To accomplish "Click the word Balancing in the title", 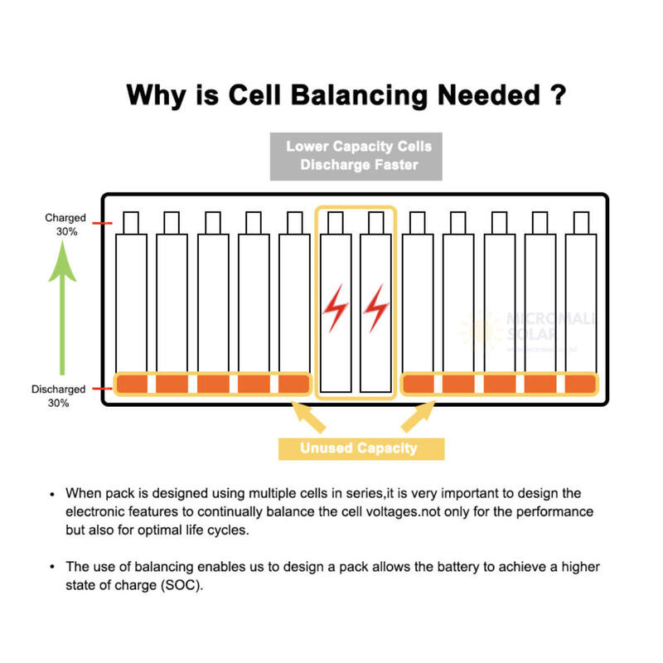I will tap(363, 94).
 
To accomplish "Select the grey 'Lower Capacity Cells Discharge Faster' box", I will tap(359, 155).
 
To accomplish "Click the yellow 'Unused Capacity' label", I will tap(359, 448).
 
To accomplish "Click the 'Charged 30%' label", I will tap(65, 225).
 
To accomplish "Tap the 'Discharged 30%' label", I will tap(58, 395).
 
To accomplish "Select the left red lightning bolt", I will tap(336, 308).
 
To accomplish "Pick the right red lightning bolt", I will tap(377, 308).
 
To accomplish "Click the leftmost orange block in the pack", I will tap(131, 385).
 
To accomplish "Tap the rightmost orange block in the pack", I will tap(580, 385).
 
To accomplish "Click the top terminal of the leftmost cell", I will tap(131, 222).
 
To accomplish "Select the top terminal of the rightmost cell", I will tap(580, 222).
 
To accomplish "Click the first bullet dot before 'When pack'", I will tap(53, 492).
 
